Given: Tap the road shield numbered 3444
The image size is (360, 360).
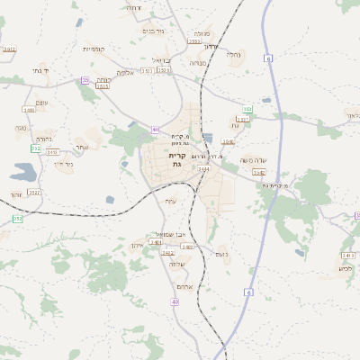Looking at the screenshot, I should (204, 168).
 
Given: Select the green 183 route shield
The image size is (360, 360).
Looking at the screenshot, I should (247, 110).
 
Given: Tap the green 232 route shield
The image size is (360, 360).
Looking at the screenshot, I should (36, 148).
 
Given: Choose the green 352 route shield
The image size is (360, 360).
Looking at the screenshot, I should (17, 219).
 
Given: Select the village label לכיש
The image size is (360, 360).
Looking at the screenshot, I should (345, 267).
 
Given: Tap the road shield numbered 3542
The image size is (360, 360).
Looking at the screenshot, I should (259, 173).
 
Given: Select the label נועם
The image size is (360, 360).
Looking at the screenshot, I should (221, 254).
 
